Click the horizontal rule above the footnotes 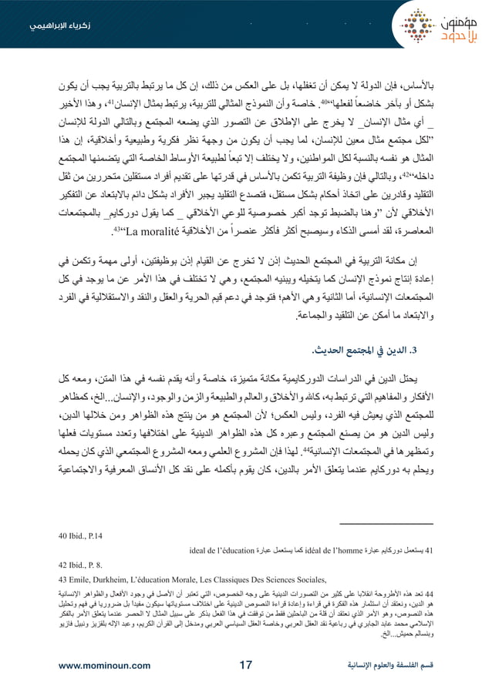[386, 522]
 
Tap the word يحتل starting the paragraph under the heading [423, 380]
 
